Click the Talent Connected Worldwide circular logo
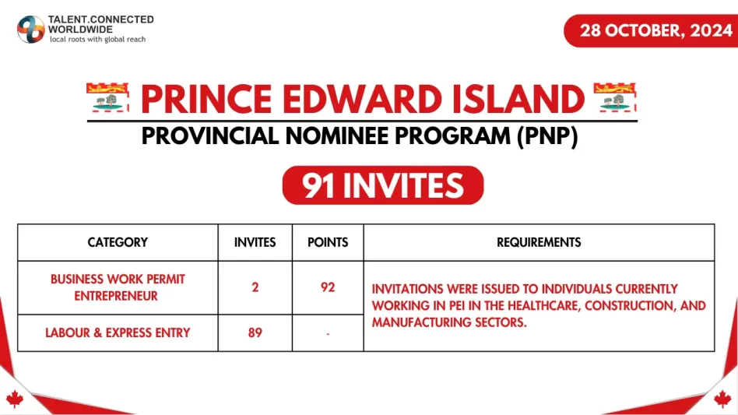click(31, 29)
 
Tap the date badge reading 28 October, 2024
click(651, 31)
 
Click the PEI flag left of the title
click(108, 99)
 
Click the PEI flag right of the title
click(615, 99)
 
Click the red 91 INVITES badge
click(382, 185)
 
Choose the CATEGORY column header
click(118, 242)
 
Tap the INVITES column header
click(255, 242)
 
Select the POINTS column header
click(328, 242)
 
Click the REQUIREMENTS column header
click(539, 242)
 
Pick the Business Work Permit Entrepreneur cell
click(118, 287)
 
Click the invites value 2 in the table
click(255, 287)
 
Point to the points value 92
click(328, 287)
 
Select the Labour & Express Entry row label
click(118, 332)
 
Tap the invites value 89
click(255, 332)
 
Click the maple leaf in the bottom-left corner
click(14, 399)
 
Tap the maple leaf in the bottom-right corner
click(723, 399)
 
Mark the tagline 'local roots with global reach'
click(97, 39)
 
